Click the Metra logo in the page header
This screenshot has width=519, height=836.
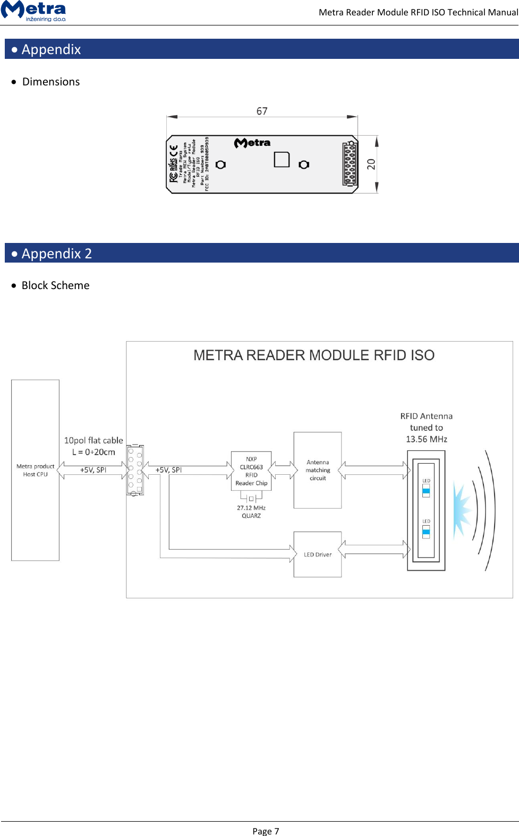[34, 11]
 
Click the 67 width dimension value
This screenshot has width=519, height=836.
[262, 111]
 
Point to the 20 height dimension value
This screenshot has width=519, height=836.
[371, 164]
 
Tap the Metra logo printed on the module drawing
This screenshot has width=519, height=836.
[252, 143]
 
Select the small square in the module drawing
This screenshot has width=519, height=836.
[282, 160]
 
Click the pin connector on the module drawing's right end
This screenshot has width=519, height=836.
[350, 164]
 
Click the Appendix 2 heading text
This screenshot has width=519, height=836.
[57, 254]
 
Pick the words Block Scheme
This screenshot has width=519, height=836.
[55, 285]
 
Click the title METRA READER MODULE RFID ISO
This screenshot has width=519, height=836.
[314, 355]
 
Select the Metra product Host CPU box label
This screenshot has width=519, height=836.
[35, 471]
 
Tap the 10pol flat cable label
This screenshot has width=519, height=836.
[93, 440]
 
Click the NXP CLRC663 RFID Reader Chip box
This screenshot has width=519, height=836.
[251, 471]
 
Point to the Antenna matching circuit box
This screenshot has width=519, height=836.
[318, 470]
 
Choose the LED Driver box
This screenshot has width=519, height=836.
[318, 554]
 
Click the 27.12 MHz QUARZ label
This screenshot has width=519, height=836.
[251, 512]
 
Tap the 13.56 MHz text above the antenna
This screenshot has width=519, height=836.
[426, 439]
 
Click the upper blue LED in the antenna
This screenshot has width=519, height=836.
[426, 491]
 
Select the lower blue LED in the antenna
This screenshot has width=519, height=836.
[426, 532]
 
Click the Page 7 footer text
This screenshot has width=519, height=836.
[266, 831]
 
